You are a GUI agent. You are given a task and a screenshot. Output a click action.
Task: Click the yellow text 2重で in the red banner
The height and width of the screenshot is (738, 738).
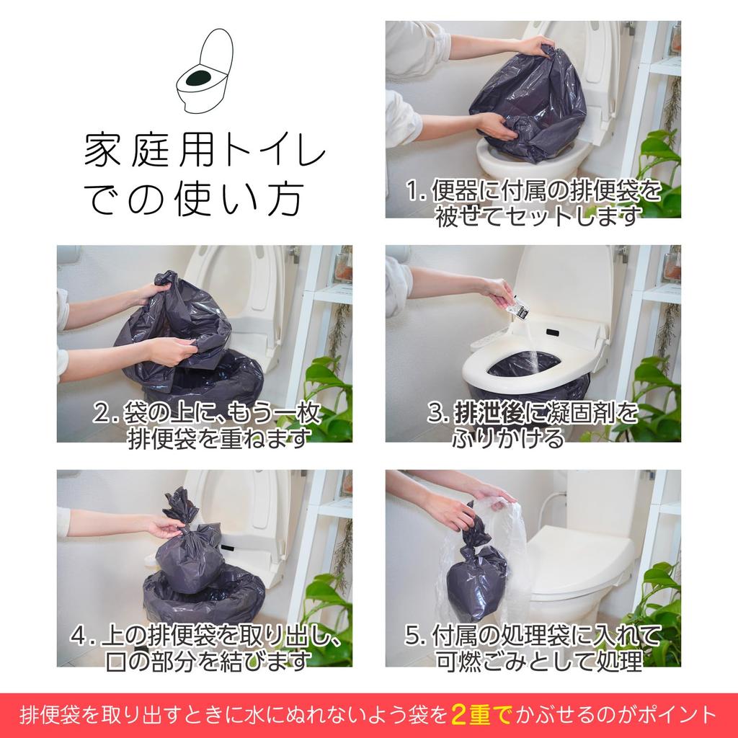[481, 714]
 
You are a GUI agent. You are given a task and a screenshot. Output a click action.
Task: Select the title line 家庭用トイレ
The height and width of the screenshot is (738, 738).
[205, 151]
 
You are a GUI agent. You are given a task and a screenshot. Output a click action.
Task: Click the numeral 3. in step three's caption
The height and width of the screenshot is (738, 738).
[437, 414]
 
